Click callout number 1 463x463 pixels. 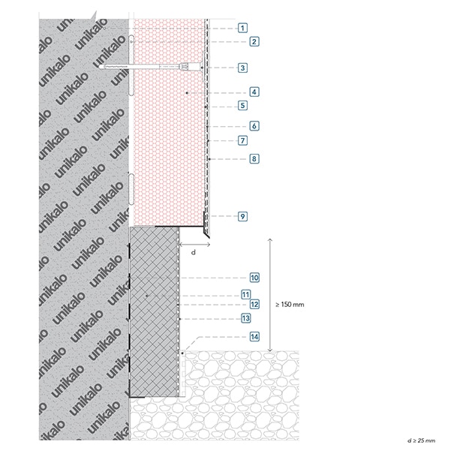pyautogui.click(x=242, y=28)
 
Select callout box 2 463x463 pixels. pyautogui.click(x=254, y=41)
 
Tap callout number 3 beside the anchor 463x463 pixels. pyautogui.click(x=242, y=68)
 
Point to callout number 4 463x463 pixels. pyautogui.click(x=254, y=92)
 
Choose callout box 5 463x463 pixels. pyautogui.click(x=242, y=105)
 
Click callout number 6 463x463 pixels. pyautogui.click(x=254, y=126)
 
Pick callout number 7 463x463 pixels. pyautogui.click(x=242, y=140)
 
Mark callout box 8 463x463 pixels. pyautogui.click(x=254, y=159)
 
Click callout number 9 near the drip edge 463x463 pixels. pyautogui.click(x=242, y=216)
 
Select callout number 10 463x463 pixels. pyautogui.click(x=254, y=278)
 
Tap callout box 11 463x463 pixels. pyautogui.click(x=245, y=295)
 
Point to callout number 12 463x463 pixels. pyautogui.click(x=254, y=305)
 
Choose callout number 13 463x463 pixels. pyautogui.click(x=245, y=318)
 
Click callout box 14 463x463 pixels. pyautogui.click(x=254, y=337)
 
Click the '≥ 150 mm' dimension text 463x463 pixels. pyautogui.click(x=290, y=305)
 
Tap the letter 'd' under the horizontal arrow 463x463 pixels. pyautogui.click(x=194, y=252)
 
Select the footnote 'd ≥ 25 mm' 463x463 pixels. pyautogui.click(x=421, y=440)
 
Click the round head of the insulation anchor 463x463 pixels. pyautogui.click(x=203, y=68)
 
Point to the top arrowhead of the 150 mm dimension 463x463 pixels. pyautogui.click(x=269, y=239)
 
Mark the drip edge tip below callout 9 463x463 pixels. pyautogui.click(x=209, y=237)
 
